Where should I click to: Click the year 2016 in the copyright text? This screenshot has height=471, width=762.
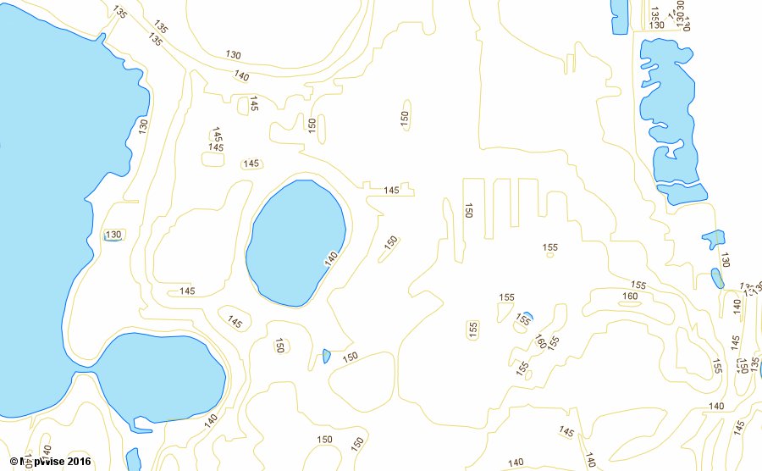pyautogui.click(x=76, y=463)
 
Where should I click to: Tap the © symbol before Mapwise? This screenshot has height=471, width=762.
pyautogui.click(x=14, y=463)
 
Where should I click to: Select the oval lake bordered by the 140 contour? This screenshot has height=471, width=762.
pyautogui.click(x=295, y=242)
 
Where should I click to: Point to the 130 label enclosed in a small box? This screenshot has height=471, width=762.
pyautogui.click(x=113, y=235)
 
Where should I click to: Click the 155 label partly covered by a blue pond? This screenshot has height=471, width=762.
pyautogui.click(x=524, y=320)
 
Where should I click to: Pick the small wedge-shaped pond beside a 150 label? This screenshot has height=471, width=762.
pyautogui.click(x=327, y=356)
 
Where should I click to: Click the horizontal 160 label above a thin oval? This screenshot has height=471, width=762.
pyautogui.click(x=630, y=296)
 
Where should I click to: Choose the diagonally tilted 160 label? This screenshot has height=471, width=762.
pyautogui.click(x=540, y=341)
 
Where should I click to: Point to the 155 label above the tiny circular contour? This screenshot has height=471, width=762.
pyautogui.click(x=550, y=247)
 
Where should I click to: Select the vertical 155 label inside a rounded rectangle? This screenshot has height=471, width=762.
pyautogui.click(x=473, y=328)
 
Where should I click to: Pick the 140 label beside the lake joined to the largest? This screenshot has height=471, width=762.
pyautogui.click(x=211, y=418)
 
